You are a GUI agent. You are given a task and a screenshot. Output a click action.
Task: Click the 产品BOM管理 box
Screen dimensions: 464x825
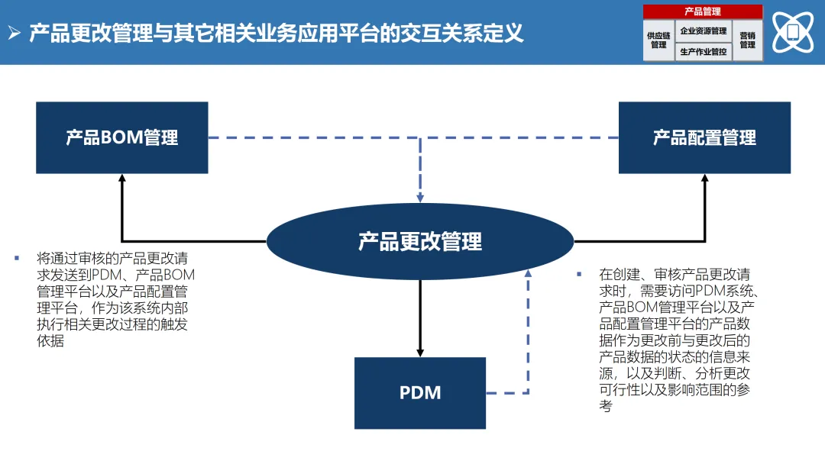coord(122,137)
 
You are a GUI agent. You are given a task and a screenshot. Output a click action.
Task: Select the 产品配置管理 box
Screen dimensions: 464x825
coord(704,137)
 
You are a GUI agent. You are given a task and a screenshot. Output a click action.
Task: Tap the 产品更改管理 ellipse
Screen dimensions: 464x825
coord(420,241)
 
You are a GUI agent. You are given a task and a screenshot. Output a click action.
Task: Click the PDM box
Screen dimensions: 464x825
coord(420,393)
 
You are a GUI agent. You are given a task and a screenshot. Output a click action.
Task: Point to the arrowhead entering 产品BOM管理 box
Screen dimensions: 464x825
coord(122,179)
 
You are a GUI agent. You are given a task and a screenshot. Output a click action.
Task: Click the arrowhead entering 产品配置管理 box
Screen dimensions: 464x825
coord(704,179)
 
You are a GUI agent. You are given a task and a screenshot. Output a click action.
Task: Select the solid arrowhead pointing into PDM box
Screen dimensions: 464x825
coord(420,352)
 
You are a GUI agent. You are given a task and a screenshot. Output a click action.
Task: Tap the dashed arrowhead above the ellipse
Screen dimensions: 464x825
coord(420,198)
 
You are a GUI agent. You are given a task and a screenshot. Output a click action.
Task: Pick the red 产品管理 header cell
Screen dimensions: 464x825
coord(702,11)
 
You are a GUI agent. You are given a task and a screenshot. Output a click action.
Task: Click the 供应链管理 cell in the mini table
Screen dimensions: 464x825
coord(658,40)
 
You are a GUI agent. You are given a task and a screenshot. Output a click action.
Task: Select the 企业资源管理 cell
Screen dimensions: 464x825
coord(703,31)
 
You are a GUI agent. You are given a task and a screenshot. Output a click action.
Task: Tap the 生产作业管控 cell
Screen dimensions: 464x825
coord(703,52)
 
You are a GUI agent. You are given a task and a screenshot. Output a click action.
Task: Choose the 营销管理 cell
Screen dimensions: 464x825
coord(747,40)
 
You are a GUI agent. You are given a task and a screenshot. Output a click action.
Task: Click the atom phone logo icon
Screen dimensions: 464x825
coord(793,32)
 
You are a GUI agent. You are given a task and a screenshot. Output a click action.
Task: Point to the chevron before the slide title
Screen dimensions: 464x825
coord(14,34)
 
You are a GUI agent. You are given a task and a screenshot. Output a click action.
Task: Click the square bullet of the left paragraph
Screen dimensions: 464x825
coord(16,258)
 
